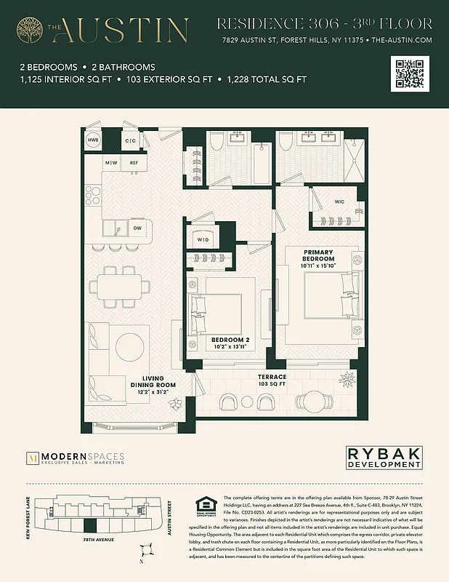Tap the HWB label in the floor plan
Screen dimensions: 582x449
click(x=93, y=140)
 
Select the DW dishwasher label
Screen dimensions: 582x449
click(x=137, y=228)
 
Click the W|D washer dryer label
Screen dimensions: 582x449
click(x=203, y=239)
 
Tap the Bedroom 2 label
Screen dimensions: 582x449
click(x=230, y=343)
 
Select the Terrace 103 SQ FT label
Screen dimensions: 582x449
click(x=272, y=380)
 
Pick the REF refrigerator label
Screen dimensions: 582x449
click(x=134, y=163)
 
